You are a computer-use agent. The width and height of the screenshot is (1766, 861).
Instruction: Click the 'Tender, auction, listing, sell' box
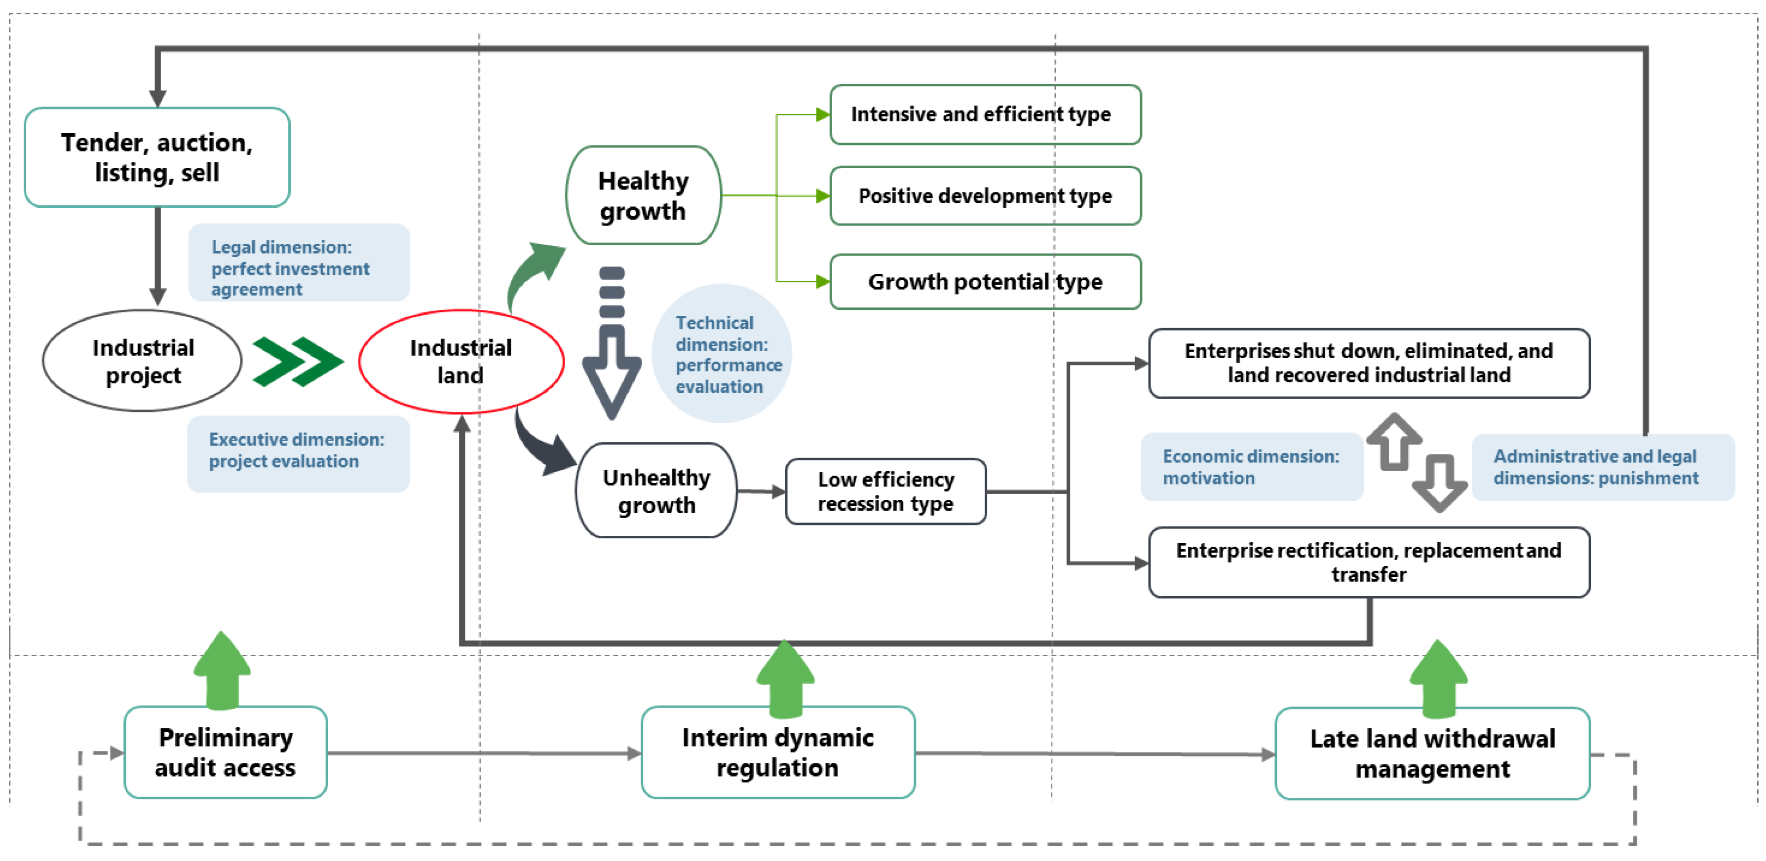(x=157, y=157)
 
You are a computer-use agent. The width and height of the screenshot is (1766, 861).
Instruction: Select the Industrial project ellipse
(x=143, y=361)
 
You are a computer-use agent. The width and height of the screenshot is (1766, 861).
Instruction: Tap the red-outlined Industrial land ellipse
(x=461, y=361)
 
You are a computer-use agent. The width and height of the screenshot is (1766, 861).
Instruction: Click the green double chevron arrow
(x=298, y=361)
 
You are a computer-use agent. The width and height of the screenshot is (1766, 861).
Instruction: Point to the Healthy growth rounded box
(x=643, y=195)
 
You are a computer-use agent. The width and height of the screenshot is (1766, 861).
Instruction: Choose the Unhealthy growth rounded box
(x=656, y=491)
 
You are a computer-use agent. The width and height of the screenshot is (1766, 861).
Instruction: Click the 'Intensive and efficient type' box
(x=985, y=114)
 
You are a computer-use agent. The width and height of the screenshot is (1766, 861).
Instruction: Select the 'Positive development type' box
(x=985, y=196)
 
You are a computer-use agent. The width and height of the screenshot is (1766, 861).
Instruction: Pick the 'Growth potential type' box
(x=985, y=282)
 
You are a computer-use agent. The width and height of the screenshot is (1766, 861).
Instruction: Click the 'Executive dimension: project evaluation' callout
(x=298, y=454)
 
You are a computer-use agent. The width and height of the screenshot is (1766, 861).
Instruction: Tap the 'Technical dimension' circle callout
(x=722, y=354)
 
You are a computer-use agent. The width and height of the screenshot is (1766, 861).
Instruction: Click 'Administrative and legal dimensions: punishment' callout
(x=1602, y=467)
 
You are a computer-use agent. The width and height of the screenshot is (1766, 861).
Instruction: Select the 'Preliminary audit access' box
(x=226, y=752)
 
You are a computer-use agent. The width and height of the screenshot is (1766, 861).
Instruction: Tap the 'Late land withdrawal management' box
(x=1432, y=753)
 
